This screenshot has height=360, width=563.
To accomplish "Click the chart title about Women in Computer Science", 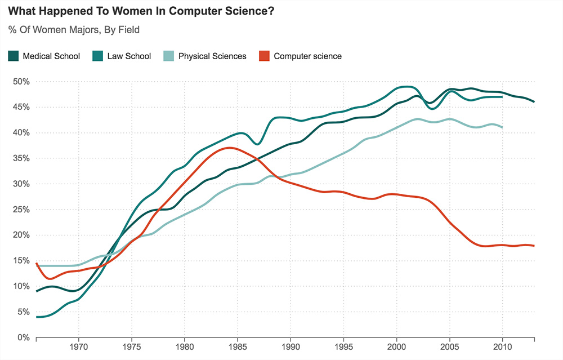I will pos(141,11).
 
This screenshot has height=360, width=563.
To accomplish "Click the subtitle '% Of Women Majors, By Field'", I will pos(74,29).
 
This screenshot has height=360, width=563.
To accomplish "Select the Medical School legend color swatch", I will pos(14,56).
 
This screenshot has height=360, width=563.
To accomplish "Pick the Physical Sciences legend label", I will pos(212,56).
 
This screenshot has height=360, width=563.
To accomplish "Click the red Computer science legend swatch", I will pos(263,56).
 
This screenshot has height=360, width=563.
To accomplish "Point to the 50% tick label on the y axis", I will pos(21,82).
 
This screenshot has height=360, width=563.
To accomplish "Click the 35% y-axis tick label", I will pos(21,158).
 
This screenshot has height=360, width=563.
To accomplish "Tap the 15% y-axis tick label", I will pos(21,261).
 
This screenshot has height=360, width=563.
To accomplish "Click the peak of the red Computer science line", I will pos(228,148).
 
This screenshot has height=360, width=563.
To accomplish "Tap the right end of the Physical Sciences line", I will pos(502,127).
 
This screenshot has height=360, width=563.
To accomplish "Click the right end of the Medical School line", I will pos(534,101).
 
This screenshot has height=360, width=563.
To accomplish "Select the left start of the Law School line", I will pos(37,317).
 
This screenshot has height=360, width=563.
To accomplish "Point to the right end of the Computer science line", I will pos(534,246).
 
